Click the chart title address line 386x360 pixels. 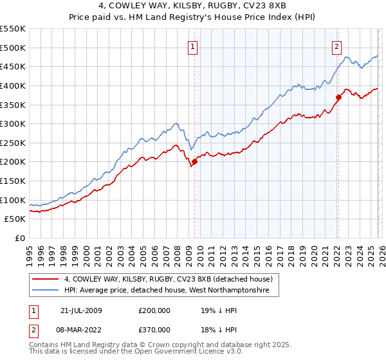point(192,6)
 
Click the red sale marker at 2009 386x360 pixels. point(194,161)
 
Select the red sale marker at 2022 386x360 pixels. point(338,97)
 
